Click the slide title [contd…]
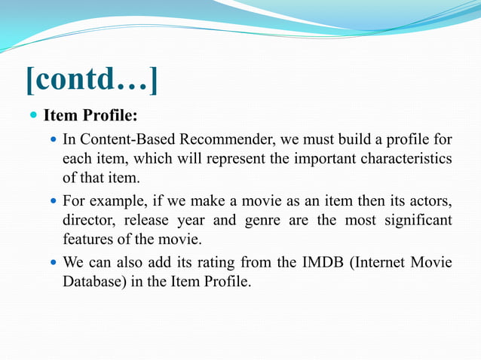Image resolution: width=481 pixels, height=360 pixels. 92,81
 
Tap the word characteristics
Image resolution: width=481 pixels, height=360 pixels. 406,159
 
